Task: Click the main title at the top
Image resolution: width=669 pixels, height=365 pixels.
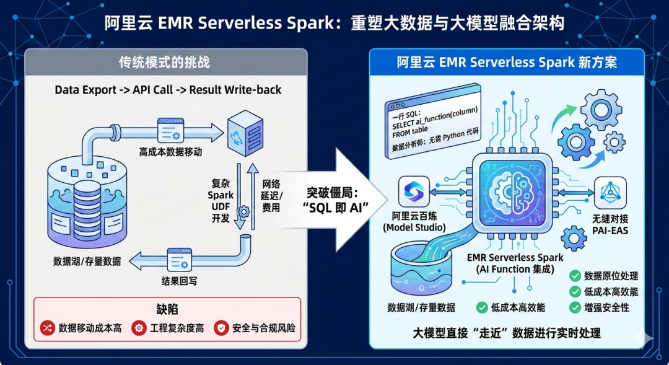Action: (334, 23)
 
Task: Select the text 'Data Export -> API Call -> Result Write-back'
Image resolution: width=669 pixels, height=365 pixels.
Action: (168, 90)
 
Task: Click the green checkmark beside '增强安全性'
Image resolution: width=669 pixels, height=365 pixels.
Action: (575, 307)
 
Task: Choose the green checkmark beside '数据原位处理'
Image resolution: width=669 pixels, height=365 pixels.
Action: (575, 276)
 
